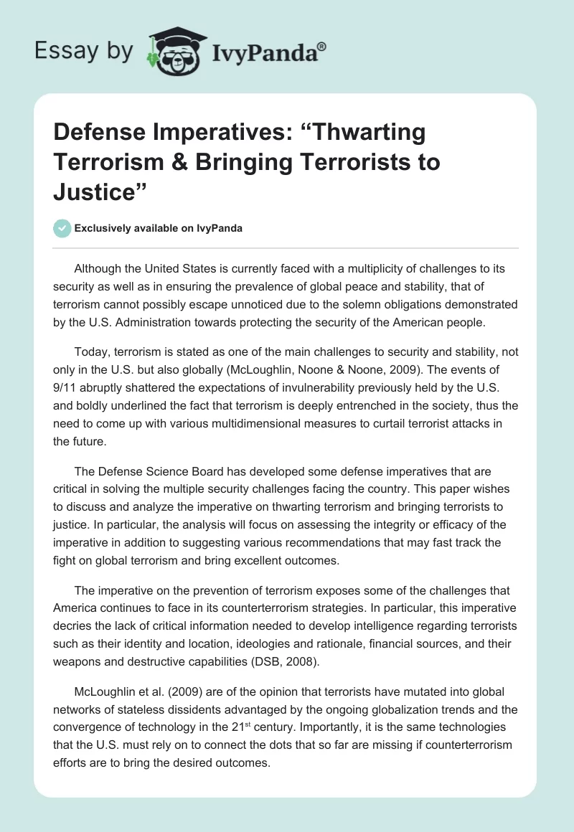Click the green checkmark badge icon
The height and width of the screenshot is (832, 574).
[62, 228]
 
